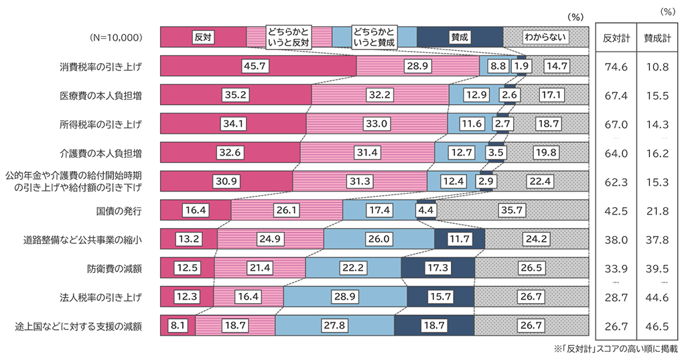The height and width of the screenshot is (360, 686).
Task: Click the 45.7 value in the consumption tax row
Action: click(258, 66)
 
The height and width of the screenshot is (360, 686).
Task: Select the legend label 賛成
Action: click(459, 37)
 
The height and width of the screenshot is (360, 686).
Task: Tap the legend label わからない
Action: click(545, 37)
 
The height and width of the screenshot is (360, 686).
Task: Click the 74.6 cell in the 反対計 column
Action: click(615, 66)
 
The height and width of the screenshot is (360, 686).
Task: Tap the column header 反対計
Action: click(615, 38)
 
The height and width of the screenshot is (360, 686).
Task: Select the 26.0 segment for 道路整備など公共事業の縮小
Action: click(379, 239)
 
